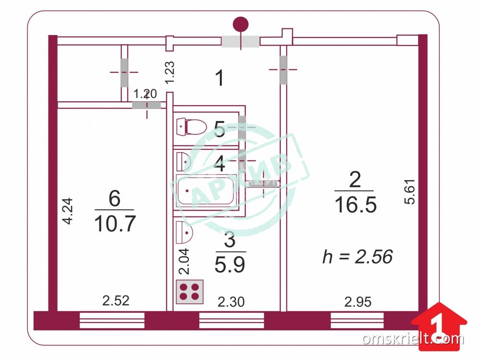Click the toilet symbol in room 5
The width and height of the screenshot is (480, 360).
192,127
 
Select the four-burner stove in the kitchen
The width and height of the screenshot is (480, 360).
190,292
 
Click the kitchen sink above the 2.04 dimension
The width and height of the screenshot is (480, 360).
184,232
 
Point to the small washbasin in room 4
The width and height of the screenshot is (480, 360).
184,161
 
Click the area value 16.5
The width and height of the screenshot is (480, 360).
355,204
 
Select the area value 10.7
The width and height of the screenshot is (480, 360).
115,224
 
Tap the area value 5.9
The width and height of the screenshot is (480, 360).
230,264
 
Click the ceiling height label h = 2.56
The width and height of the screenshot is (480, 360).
358,256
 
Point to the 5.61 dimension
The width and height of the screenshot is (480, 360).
409,192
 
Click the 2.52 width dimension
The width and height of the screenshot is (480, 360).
116,300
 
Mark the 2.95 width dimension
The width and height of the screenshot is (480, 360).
358,302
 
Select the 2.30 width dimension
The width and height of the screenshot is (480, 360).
231,302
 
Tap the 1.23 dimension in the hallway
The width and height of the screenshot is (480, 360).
169,72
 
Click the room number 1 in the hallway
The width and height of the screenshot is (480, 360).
220,78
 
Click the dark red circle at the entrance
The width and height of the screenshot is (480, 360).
240,24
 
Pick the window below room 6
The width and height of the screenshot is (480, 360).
112,320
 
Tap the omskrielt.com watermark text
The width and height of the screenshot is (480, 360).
413,339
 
